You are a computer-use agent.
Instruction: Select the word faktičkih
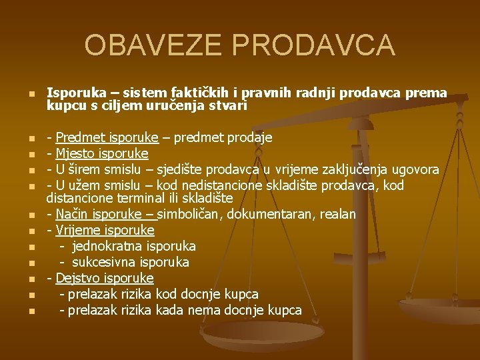click(x=202, y=93)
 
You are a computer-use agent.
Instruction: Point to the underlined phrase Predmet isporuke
click(x=107, y=137)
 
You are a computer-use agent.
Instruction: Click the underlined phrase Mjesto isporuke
click(x=102, y=153)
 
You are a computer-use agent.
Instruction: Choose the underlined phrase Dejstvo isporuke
click(x=105, y=278)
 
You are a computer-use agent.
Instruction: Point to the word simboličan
click(x=191, y=214)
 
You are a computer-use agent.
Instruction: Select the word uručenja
click(x=163, y=105)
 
